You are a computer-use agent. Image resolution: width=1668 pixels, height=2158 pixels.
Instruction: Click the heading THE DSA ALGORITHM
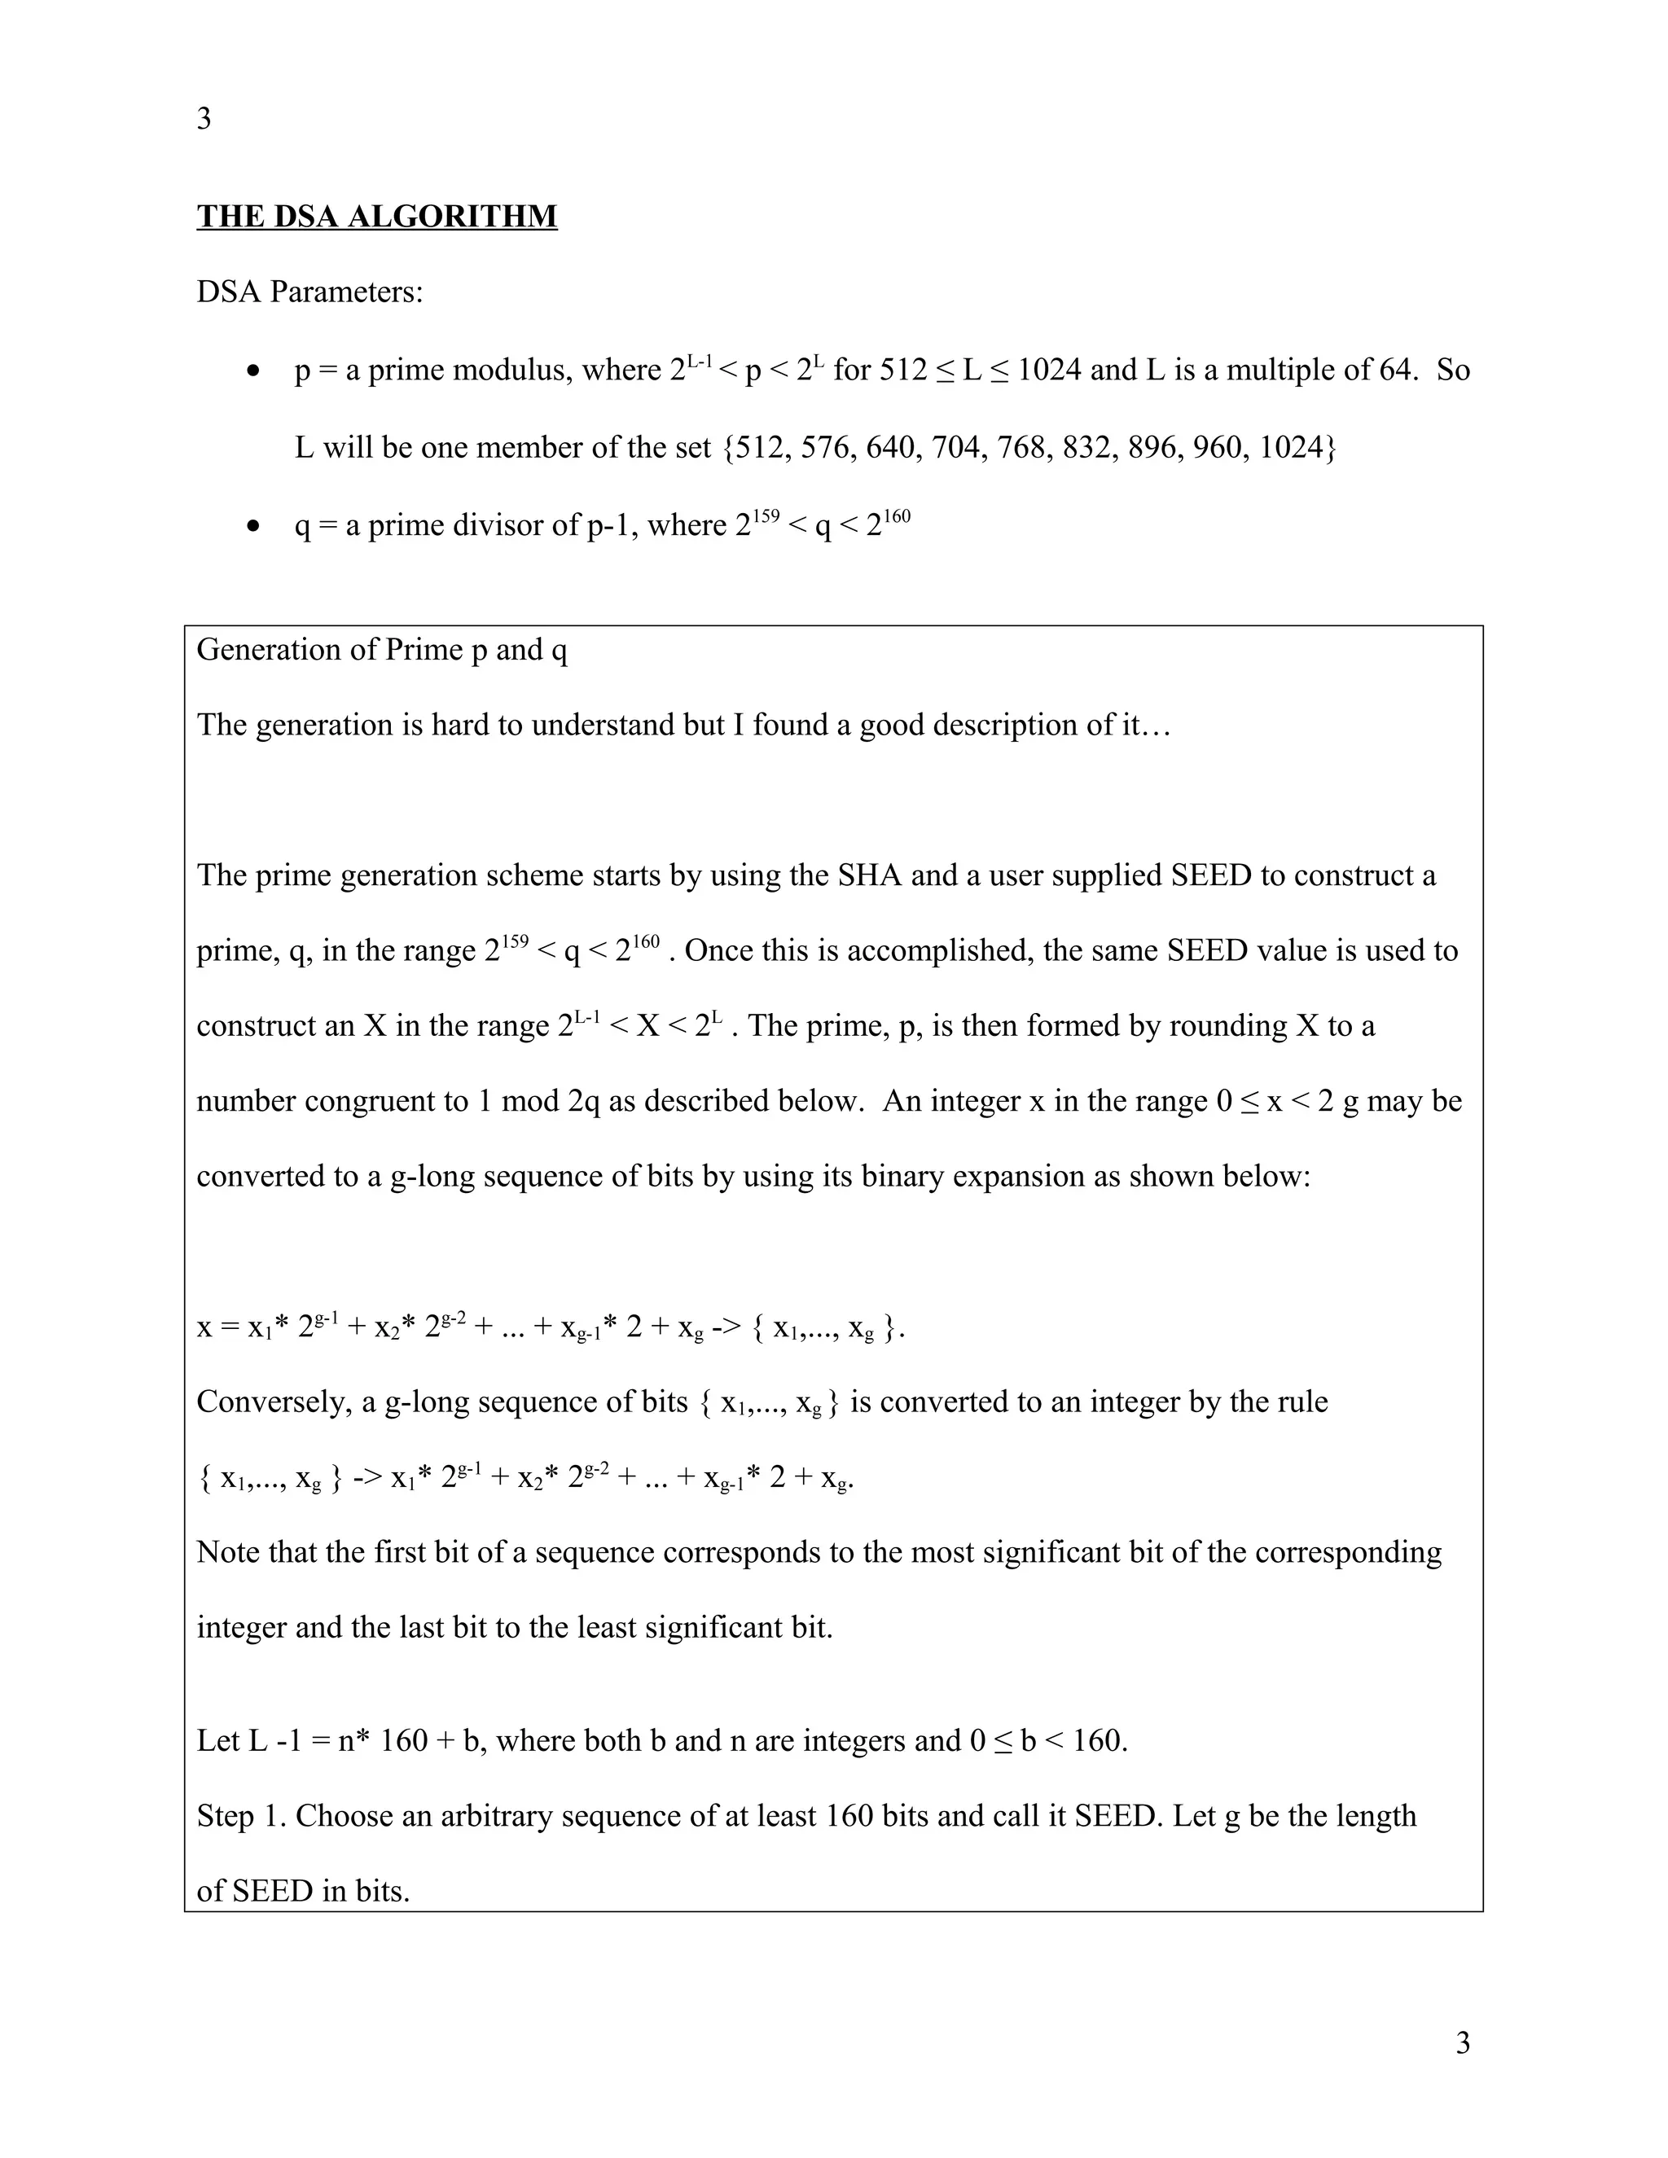click(x=376, y=217)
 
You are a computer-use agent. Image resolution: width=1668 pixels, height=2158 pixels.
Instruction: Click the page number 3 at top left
click(x=204, y=119)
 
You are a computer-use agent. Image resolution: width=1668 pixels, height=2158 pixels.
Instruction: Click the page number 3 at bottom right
click(x=1463, y=2042)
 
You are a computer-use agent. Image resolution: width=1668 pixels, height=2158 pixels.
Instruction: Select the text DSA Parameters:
click(x=309, y=292)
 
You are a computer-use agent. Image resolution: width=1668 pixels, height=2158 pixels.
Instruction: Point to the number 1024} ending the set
click(x=1297, y=448)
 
